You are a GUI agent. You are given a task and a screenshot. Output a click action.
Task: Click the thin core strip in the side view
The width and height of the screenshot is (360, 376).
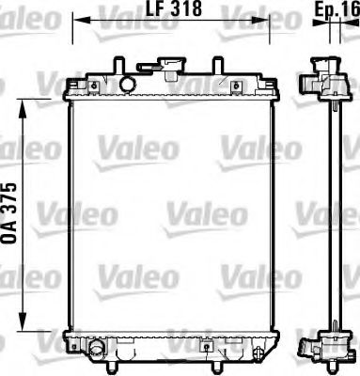pyautogui.click(x=329, y=216)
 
